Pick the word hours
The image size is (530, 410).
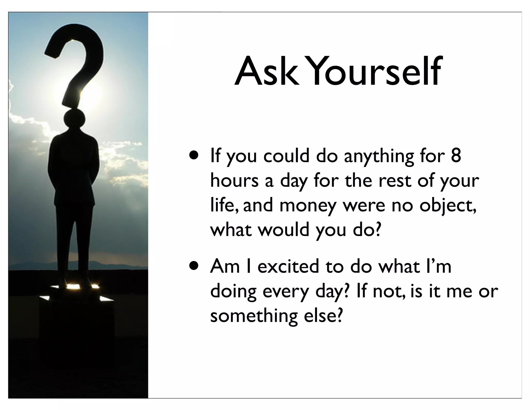tap(234, 180)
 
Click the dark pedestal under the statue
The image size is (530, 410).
tap(76, 337)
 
